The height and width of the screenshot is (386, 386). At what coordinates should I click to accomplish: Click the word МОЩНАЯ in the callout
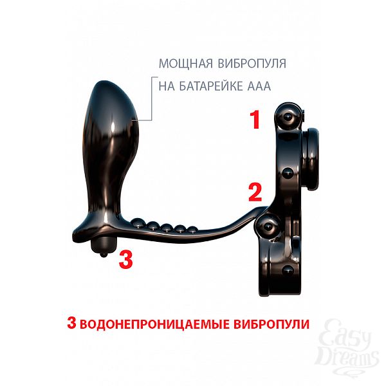click(x=186, y=64)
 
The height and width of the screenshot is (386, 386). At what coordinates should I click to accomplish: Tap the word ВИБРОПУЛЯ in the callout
click(x=252, y=64)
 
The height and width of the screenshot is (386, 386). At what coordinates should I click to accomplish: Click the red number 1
click(x=255, y=120)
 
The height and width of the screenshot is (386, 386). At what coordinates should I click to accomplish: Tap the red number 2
click(x=255, y=192)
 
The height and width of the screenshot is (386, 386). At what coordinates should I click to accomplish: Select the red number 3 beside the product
click(x=126, y=259)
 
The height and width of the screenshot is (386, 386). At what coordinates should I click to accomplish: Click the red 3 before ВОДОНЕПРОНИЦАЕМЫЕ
click(x=71, y=323)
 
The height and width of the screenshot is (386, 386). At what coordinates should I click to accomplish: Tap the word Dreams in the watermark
click(x=347, y=358)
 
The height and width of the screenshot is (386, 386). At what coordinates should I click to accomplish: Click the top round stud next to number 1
click(x=287, y=116)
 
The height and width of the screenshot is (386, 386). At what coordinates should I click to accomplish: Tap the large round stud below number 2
click(x=268, y=226)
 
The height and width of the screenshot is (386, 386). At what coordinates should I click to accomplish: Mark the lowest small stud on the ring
click(x=288, y=270)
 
